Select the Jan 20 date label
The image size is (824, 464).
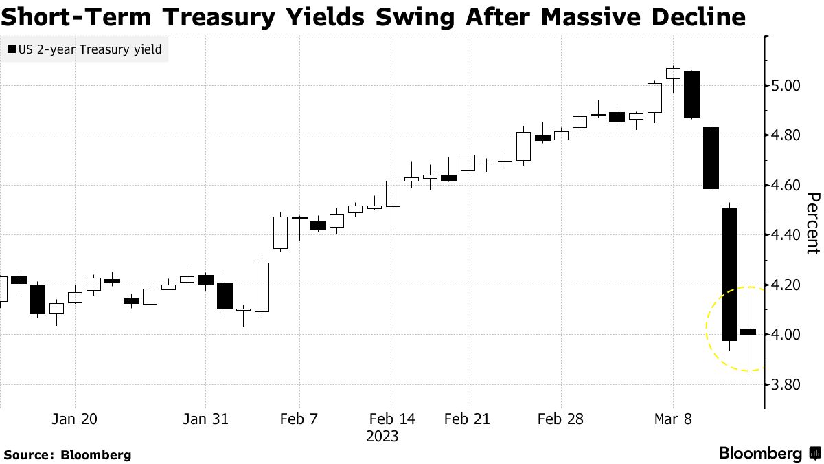coord(75,419)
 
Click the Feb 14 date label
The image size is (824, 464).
coord(392,419)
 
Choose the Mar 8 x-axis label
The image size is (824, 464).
coord(672,419)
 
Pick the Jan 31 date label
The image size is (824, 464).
coord(206,419)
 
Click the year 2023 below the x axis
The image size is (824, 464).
coord(382,437)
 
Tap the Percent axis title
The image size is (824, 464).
coord(812,223)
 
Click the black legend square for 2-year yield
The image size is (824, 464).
coord(12,49)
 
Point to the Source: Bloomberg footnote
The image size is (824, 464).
coord(67,454)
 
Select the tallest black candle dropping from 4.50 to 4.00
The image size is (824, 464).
coord(729,274)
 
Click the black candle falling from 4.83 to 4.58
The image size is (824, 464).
coord(710,158)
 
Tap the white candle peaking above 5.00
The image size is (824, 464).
coord(673,74)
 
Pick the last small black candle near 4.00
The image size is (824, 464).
coord(748,332)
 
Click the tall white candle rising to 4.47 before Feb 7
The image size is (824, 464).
coord(280,232)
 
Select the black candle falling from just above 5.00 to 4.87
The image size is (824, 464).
coord(691,95)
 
